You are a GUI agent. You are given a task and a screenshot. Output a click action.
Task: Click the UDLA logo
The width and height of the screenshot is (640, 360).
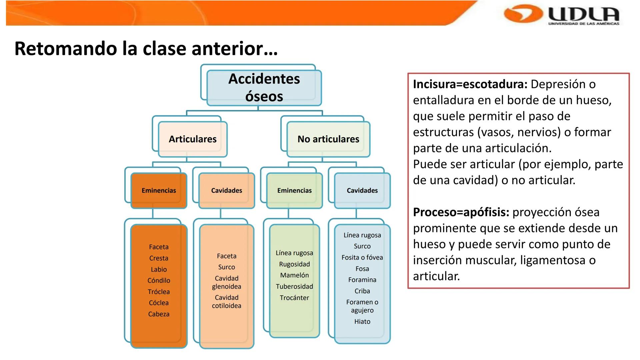pos(562,15)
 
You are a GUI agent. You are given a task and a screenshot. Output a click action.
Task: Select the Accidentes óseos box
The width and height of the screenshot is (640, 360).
pos(264,88)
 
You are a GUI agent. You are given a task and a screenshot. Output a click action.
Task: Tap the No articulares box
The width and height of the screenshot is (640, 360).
pos(328,139)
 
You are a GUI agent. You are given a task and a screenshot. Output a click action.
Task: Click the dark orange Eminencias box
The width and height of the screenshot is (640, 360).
pos(159,190)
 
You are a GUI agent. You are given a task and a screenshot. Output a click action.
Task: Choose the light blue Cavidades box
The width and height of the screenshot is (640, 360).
pos(362,190)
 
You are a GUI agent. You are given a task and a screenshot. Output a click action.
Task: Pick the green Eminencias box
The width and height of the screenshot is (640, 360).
pos(294,190)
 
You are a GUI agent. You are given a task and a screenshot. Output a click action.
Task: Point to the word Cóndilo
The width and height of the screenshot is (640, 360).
pos(159,281)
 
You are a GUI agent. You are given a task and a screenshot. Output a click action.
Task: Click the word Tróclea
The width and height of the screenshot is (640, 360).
pos(159,292)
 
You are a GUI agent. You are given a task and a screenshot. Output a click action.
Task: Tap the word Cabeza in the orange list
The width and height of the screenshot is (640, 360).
pos(159,314)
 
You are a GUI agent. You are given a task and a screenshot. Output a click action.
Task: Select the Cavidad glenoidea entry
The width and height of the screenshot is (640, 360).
pos(227,282)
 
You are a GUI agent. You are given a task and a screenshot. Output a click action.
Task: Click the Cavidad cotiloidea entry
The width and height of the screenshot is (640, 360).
pos(227,302)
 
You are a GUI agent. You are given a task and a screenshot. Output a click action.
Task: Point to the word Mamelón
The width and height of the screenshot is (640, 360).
pos(294,275)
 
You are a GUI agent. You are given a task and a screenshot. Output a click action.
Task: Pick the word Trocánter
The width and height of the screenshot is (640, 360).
pos(294,298)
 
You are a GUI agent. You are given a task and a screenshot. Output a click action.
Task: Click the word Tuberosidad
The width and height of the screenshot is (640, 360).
pos(294,287)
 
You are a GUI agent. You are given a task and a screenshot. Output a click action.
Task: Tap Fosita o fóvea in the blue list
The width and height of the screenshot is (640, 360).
pos(362,258)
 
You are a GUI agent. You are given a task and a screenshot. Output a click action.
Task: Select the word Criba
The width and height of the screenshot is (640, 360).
pos(362,291)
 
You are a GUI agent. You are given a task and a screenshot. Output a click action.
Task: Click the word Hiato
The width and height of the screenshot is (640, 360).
pos(362,322)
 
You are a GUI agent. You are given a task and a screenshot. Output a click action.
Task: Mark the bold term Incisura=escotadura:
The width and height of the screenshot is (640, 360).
pos(470,84)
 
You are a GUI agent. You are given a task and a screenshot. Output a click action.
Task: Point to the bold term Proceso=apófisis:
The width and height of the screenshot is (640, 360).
pos(461,212)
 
